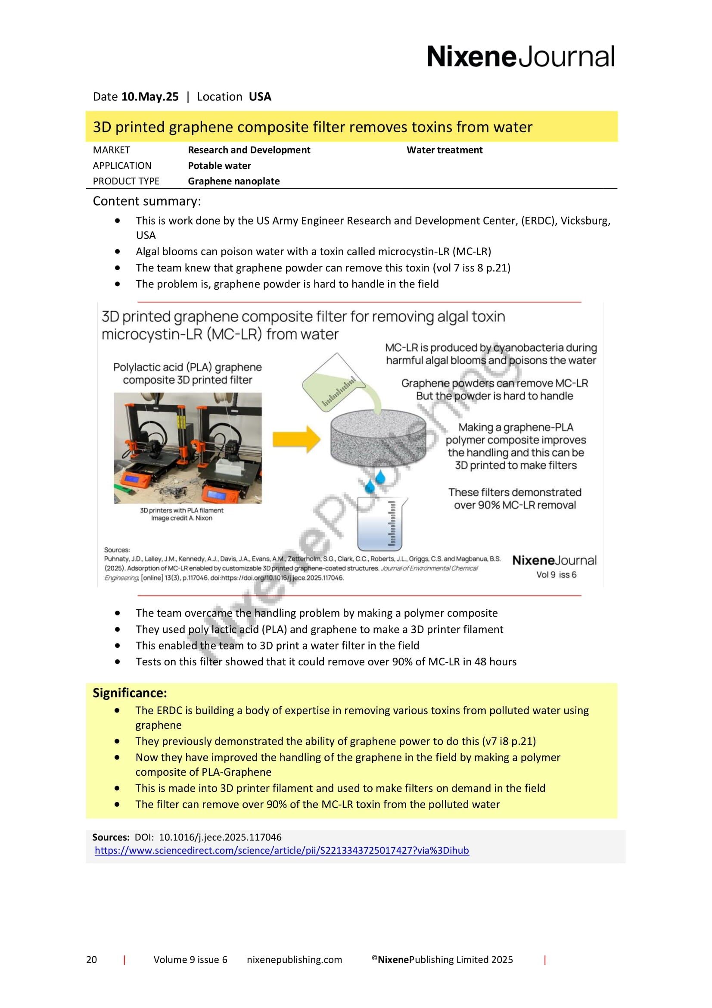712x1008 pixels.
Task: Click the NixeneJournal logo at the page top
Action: [x=520, y=57]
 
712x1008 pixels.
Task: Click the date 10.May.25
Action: [x=150, y=97]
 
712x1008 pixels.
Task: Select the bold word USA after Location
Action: [x=260, y=97]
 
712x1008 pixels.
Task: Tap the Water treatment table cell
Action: [x=444, y=150]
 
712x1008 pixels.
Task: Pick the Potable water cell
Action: [x=219, y=166]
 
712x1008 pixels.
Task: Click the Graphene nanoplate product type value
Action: [x=233, y=181]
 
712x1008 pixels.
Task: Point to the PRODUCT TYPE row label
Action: [x=126, y=181]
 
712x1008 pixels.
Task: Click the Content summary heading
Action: [x=147, y=202]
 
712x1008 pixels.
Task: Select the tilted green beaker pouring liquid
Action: [x=332, y=383]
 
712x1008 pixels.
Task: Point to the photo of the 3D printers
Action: [x=188, y=448]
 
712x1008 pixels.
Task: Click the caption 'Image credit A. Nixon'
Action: [x=182, y=518]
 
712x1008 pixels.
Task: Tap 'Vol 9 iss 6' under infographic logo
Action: [x=556, y=575]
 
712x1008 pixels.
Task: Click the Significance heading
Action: [x=130, y=693]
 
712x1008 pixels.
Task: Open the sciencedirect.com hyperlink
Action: [x=282, y=850]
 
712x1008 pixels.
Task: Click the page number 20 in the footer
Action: [x=92, y=960]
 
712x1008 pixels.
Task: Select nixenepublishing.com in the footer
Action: [x=294, y=960]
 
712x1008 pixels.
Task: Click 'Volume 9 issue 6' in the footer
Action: [x=190, y=960]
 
